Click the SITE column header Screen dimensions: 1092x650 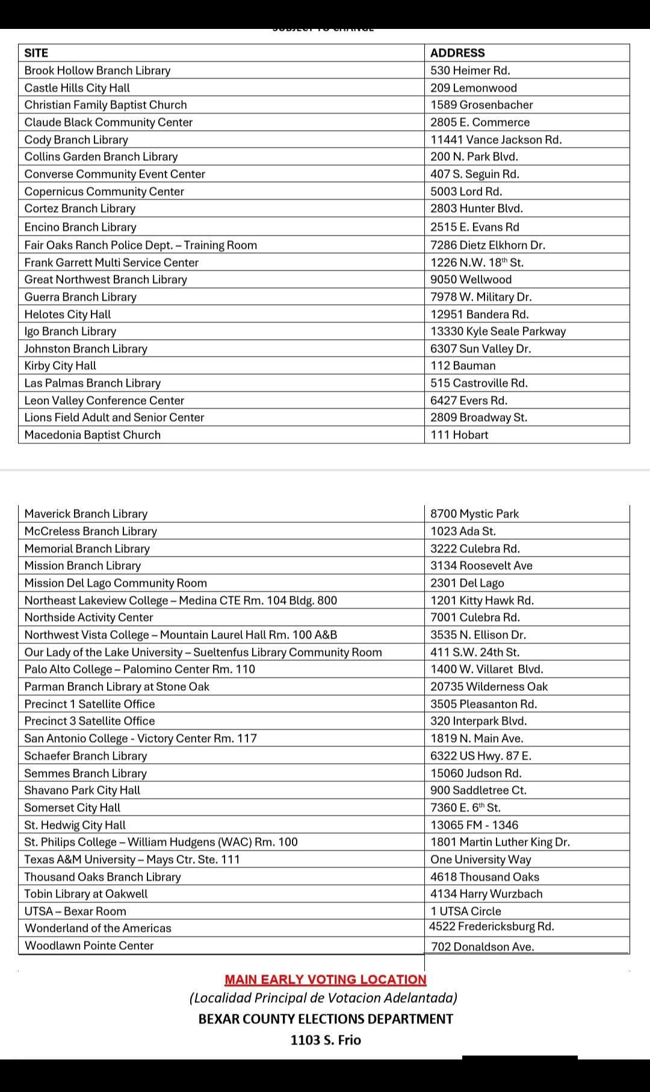tap(36, 53)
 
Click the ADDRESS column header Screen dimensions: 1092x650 tap(457, 53)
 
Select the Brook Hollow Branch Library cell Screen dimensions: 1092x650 tap(97, 70)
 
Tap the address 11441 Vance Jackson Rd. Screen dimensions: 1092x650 tap(496, 140)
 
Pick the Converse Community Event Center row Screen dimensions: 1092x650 tap(115, 174)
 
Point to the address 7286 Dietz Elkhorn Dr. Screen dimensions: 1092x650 tap(487, 245)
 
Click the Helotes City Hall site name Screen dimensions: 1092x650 tap(67, 314)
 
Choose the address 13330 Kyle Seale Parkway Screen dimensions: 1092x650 tap(498, 331)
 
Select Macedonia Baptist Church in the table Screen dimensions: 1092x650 tap(93, 435)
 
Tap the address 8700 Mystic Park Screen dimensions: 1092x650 tap(474, 514)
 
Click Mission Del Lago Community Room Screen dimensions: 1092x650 tap(116, 583)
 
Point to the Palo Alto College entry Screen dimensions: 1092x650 tap(140, 669)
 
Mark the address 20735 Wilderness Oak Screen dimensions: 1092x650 tap(489, 687)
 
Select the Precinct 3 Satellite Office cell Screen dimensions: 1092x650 tap(90, 721)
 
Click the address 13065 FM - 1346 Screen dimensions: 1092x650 tap(474, 825)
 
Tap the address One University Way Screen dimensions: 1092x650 tap(480, 860)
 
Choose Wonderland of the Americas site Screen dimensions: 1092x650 tap(98, 928)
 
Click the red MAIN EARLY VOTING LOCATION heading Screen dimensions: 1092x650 tap(326, 980)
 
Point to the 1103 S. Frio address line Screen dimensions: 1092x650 tap(326, 1040)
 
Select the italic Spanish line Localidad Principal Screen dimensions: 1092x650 tap(324, 998)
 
